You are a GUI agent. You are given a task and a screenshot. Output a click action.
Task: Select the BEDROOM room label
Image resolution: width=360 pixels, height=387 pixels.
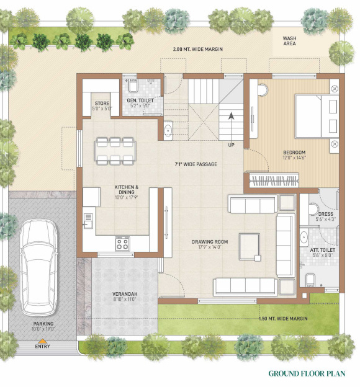point(295,153)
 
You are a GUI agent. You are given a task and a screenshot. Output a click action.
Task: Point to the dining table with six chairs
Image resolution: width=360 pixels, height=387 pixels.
point(115,149)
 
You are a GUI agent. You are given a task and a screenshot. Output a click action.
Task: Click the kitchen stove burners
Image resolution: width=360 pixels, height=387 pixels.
point(122,242)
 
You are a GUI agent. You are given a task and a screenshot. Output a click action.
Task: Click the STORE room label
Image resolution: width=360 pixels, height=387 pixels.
point(102,104)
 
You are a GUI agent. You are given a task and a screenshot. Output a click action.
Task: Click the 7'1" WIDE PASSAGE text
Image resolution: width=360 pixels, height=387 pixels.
point(196,164)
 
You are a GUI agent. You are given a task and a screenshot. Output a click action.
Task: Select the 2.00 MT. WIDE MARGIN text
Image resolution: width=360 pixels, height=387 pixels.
point(198,49)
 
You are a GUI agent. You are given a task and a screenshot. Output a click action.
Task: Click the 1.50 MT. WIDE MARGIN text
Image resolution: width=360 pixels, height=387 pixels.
point(283,319)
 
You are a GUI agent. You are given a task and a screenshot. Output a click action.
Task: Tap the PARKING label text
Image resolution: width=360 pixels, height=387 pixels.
point(43,324)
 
